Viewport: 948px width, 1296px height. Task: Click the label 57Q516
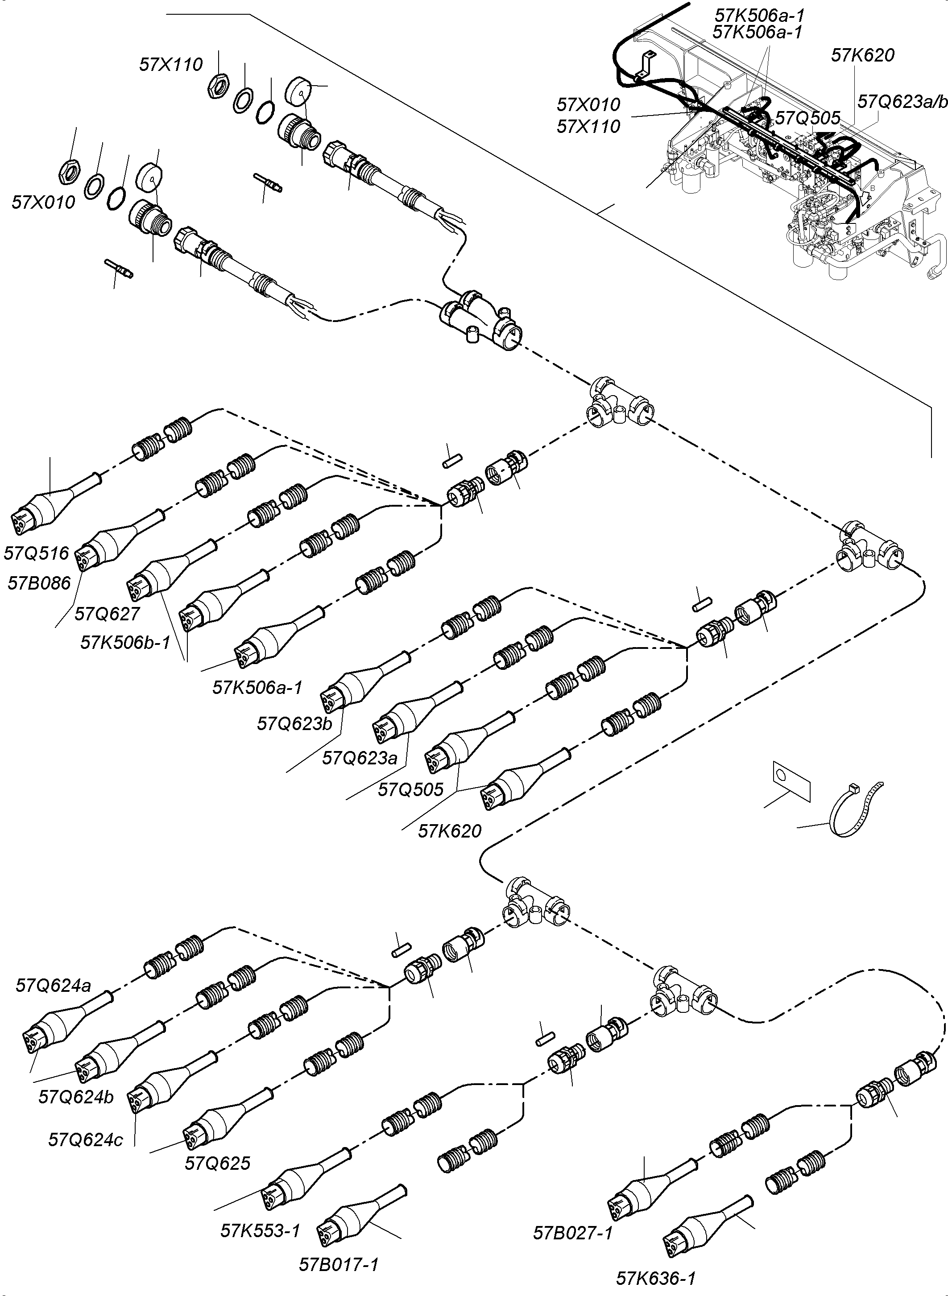tap(36, 553)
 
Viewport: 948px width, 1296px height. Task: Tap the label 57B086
tap(39, 583)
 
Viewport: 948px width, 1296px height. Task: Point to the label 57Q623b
tap(294, 723)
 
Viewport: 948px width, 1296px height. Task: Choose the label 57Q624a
tap(53, 986)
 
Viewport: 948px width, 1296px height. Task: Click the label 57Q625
tap(218, 1163)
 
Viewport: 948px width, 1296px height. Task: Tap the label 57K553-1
tap(260, 1230)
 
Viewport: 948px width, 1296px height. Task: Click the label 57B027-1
tap(573, 1232)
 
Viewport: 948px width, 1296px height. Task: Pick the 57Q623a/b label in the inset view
tap(902, 102)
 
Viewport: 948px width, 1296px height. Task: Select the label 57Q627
tap(108, 614)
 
